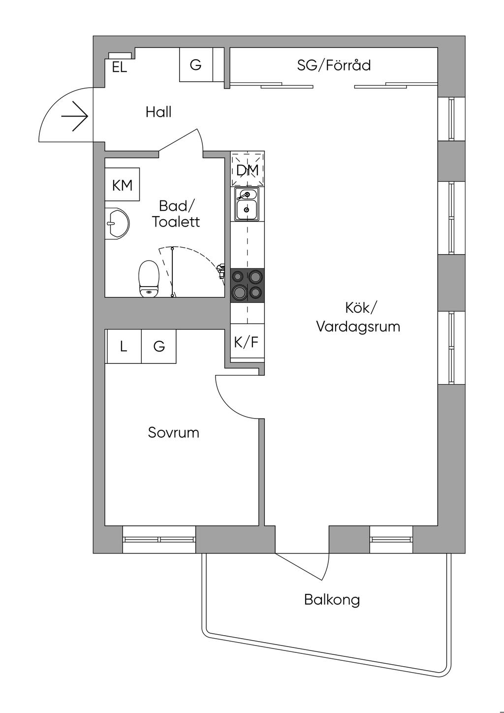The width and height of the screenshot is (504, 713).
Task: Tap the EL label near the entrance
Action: [x=119, y=67]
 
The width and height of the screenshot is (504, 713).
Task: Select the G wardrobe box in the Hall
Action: [x=196, y=65]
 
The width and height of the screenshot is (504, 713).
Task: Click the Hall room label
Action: [x=158, y=112]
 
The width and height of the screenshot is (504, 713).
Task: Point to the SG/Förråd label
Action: [x=334, y=65]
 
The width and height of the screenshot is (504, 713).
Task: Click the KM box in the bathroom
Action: [x=123, y=185]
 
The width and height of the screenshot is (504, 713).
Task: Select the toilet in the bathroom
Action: [x=149, y=279]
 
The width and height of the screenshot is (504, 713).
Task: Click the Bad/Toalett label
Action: [x=176, y=214]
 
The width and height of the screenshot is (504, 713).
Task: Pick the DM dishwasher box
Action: [x=248, y=169]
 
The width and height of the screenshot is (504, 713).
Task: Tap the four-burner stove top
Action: [x=248, y=285]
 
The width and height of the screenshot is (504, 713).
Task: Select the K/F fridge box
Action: [x=247, y=342]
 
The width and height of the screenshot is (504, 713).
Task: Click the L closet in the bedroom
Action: [x=124, y=347]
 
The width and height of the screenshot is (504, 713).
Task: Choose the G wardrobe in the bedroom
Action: [x=159, y=347]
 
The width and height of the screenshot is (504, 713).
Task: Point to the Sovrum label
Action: [x=174, y=433]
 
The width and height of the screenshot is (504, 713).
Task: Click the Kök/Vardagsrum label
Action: [x=358, y=317]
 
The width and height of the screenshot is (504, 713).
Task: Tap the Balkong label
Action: [x=332, y=600]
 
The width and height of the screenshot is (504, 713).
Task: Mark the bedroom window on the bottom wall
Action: [x=159, y=540]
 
